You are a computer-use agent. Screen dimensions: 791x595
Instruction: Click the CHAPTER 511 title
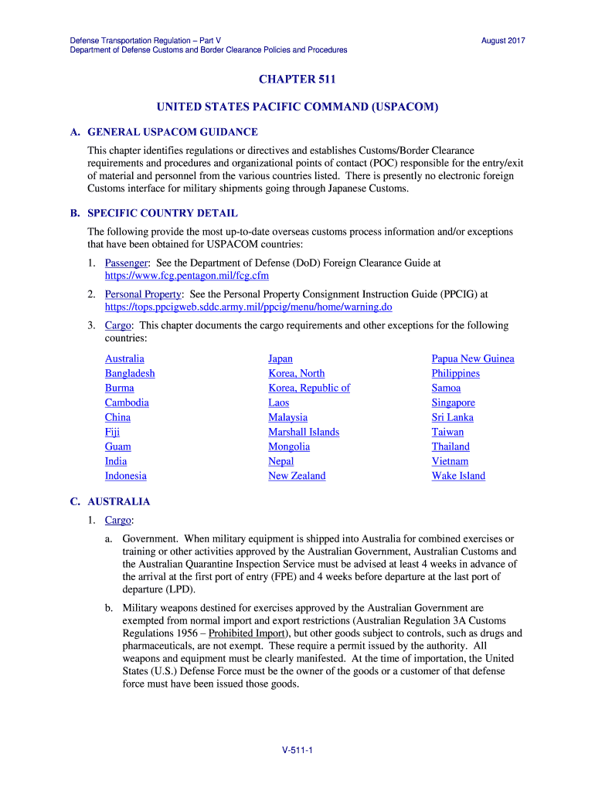[x=297, y=79]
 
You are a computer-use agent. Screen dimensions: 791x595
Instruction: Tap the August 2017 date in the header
[x=503, y=40]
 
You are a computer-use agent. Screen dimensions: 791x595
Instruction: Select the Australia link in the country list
[x=124, y=358]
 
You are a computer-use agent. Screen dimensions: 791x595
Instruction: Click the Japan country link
[x=280, y=358]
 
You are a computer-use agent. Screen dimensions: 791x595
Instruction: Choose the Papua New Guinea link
[x=472, y=358]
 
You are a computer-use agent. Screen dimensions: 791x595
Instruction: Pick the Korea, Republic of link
[x=308, y=388]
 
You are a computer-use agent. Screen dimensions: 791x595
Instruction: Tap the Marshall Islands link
[x=304, y=432]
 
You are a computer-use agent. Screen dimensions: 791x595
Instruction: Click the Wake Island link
[x=458, y=476]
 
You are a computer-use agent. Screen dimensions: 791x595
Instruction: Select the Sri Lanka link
[x=452, y=417]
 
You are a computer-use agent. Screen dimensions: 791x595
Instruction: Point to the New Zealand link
[x=297, y=476]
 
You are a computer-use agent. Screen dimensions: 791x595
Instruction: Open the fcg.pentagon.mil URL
[x=186, y=275]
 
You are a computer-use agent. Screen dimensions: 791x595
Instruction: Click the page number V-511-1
[x=297, y=750]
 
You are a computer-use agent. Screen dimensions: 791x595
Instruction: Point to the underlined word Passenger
[x=126, y=263]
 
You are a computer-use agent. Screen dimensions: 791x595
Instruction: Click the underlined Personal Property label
[x=143, y=294]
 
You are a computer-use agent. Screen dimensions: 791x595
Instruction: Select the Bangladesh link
[x=130, y=373]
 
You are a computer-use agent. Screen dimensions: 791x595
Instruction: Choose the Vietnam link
[x=450, y=461]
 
